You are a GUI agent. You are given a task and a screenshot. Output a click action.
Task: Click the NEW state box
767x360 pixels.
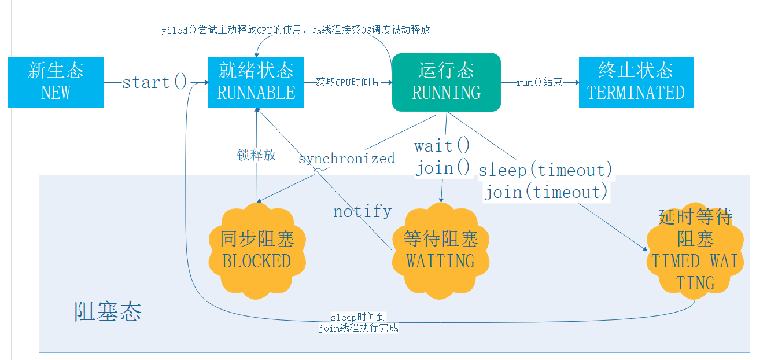56,82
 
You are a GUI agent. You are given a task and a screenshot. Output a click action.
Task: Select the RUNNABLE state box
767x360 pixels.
256,82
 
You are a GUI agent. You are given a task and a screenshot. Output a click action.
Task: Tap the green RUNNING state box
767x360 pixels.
446,82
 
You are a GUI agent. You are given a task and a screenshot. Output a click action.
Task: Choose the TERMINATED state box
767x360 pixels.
636,82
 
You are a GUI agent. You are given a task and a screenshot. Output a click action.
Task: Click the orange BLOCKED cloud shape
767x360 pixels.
256,250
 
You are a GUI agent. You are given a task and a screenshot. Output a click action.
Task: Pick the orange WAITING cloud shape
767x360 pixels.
441,250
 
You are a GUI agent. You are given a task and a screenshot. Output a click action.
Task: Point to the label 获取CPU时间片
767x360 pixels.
348,82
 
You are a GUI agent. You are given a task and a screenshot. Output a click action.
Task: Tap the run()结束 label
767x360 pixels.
540,82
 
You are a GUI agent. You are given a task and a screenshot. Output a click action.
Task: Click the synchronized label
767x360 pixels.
346,159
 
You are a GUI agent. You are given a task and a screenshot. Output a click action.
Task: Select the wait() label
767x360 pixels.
443,145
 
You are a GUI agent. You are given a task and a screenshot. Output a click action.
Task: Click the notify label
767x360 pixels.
362,211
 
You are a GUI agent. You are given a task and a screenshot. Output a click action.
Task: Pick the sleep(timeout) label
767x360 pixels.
545,170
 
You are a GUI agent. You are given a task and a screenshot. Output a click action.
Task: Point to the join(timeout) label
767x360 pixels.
546,192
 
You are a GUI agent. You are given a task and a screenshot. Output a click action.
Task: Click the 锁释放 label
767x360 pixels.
256,155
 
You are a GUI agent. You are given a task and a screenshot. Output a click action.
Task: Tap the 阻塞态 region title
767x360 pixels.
108,312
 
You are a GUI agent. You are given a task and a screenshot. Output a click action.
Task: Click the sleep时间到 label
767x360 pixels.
358,317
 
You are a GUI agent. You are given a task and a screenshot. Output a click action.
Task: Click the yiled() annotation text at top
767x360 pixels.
296,30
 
